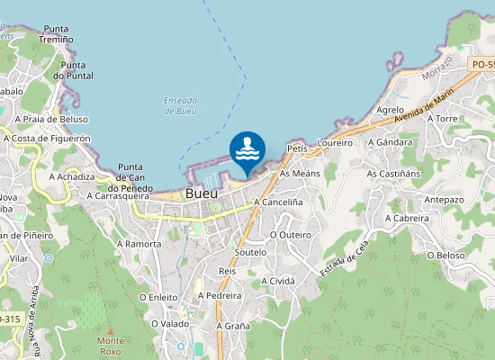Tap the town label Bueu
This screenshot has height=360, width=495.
click(x=201, y=193)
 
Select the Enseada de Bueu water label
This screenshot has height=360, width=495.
click(x=181, y=105)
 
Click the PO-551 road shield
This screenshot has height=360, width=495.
click(x=482, y=64)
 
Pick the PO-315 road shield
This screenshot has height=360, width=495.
click(x=9, y=319)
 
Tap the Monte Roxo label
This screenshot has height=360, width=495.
click(x=111, y=346)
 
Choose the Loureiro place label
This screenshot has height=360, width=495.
click(x=335, y=143)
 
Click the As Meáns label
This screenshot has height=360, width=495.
click(x=300, y=173)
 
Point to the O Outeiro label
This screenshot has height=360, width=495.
click(x=291, y=234)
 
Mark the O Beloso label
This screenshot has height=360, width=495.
click(x=447, y=255)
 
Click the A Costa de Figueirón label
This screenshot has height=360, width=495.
click(x=48, y=139)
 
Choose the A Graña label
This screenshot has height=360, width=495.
click(x=232, y=326)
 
